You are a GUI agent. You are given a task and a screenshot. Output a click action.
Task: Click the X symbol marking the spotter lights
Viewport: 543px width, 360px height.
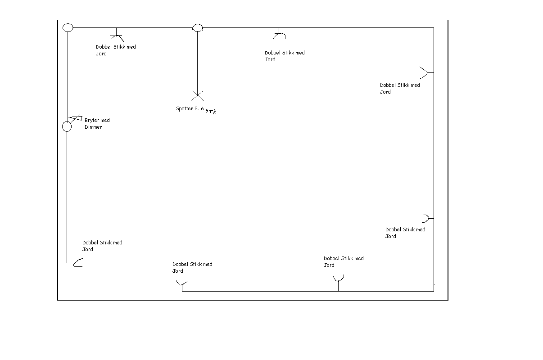pos(197,95)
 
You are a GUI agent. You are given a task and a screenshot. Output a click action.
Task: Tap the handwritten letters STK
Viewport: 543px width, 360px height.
pos(211,111)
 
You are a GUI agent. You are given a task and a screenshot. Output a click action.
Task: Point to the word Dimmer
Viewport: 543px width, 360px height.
pos(93,127)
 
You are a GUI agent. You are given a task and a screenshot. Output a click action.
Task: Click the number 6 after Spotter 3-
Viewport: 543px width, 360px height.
pos(202,108)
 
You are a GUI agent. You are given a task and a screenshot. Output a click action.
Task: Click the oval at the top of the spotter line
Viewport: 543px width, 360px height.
pos(197,28)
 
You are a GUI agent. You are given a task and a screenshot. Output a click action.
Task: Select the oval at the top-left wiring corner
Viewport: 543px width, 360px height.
pos(68,28)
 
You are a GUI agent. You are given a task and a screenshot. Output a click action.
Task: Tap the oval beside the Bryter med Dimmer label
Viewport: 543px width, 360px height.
pos(67,126)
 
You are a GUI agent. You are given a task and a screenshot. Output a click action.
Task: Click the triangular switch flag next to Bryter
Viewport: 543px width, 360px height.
pos(75,117)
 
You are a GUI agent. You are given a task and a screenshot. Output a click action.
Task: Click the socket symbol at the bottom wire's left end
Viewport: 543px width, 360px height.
pos(181,283)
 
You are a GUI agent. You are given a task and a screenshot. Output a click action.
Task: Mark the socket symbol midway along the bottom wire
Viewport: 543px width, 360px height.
pos(338,279)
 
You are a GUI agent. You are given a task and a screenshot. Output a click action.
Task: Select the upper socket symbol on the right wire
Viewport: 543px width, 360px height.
pos(425,72)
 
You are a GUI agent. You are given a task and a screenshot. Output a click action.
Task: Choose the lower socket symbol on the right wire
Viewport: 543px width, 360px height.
pos(426,219)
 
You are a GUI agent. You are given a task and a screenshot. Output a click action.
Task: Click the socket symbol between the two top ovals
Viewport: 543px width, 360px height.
pos(117,37)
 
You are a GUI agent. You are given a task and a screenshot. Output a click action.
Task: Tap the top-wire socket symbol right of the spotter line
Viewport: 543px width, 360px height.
pos(280,35)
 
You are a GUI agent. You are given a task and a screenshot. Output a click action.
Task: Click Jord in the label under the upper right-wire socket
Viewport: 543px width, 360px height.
pos(385,92)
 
